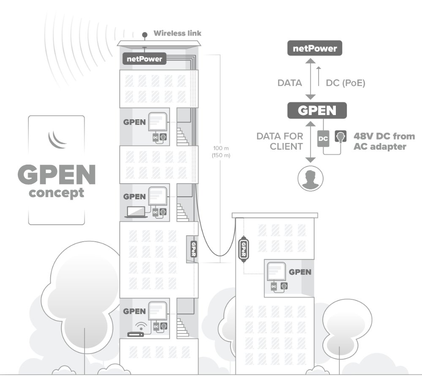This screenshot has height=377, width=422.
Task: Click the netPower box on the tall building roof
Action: coord(144,59)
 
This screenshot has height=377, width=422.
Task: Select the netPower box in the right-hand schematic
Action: coord(315,49)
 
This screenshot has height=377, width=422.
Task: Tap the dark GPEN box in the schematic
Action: coord(317,110)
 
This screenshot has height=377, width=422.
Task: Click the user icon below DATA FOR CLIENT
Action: coord(310,178)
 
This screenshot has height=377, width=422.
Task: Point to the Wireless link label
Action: coord(177,33)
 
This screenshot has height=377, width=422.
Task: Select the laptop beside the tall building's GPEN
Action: coord(136,213)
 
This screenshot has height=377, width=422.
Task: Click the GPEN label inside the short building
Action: coord(300,272)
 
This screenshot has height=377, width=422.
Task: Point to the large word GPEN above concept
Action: coord(57,175)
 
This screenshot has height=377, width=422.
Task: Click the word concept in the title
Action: coord(56,193)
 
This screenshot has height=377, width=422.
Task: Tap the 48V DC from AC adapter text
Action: coord(384,141)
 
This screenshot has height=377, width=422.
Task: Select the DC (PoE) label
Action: coord(345,83)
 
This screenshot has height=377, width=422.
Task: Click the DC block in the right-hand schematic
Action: coord(322,139)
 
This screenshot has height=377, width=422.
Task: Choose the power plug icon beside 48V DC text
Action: coord(340,136)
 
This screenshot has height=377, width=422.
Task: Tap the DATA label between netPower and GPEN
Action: coord(289,83)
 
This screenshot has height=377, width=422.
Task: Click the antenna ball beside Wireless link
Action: coord(145,34)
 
